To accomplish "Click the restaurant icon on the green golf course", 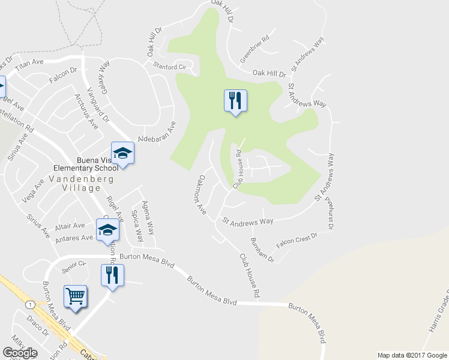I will pos(235,100).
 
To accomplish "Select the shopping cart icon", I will pos(76,296).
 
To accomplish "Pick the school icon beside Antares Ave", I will pos(108,229).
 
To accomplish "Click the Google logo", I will pos(20,353).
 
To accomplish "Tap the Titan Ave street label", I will pos(30,66).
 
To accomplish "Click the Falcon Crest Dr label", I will pos(297,241).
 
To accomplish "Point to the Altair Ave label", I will pos(70,226).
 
